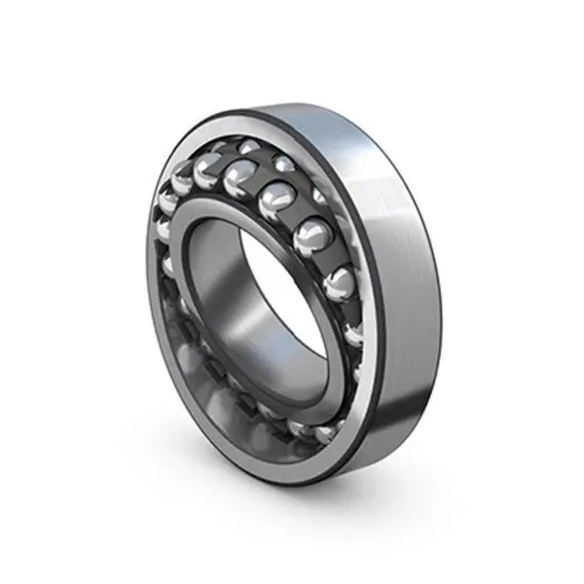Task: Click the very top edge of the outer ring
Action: (292, 100)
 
